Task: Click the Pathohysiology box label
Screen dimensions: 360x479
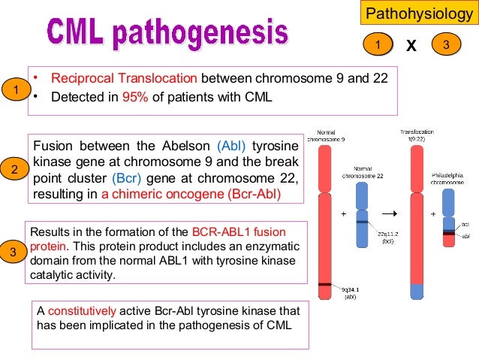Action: pyautogui.click(x=420, y=14)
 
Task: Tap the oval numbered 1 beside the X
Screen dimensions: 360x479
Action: pyautogui.click(x=378, y=46)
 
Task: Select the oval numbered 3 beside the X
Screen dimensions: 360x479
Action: pyautogui.click(x=446, y=46)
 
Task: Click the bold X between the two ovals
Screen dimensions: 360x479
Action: pyautogui.click(x=411, y=47)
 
